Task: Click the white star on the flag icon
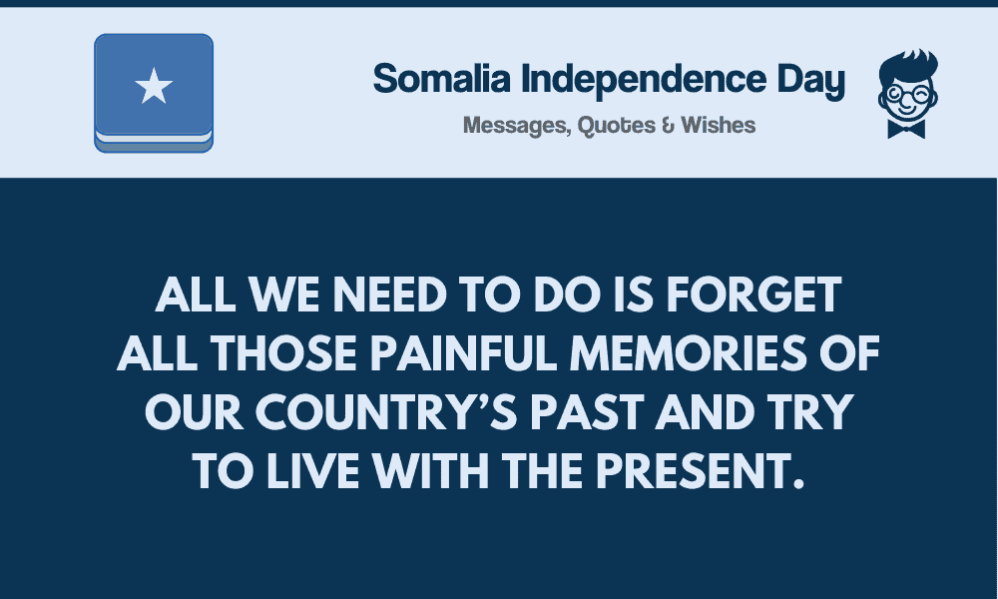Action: (x=154, y=86)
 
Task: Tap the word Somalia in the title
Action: (x=442, y=78)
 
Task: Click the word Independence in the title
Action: (x=644, y=78)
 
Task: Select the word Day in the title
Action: (x=810, y=81)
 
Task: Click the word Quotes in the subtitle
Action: (x=616, y=126)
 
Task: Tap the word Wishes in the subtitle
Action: (x=718, y=125)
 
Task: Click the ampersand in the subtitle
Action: (x=668, y=125)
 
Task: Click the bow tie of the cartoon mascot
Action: (x=906, y=129)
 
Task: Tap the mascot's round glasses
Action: (x=908, y=96)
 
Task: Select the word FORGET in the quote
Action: (x=753, y=295)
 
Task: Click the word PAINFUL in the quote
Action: (x=464, y=353)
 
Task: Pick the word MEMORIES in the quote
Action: (x=688, y=353)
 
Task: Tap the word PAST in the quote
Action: (x=586, y=412)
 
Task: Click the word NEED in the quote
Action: (x=389, y=295)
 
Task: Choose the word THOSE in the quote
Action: (x=283, y=353)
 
